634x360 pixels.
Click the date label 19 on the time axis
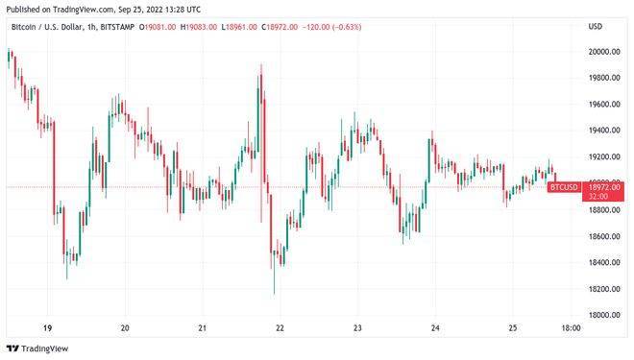48,328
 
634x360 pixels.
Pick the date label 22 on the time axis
280,328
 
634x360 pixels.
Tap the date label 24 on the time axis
435,328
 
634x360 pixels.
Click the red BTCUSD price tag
563,186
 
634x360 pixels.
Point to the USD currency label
596,27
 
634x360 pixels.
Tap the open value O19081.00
158,27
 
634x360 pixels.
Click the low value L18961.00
240,27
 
